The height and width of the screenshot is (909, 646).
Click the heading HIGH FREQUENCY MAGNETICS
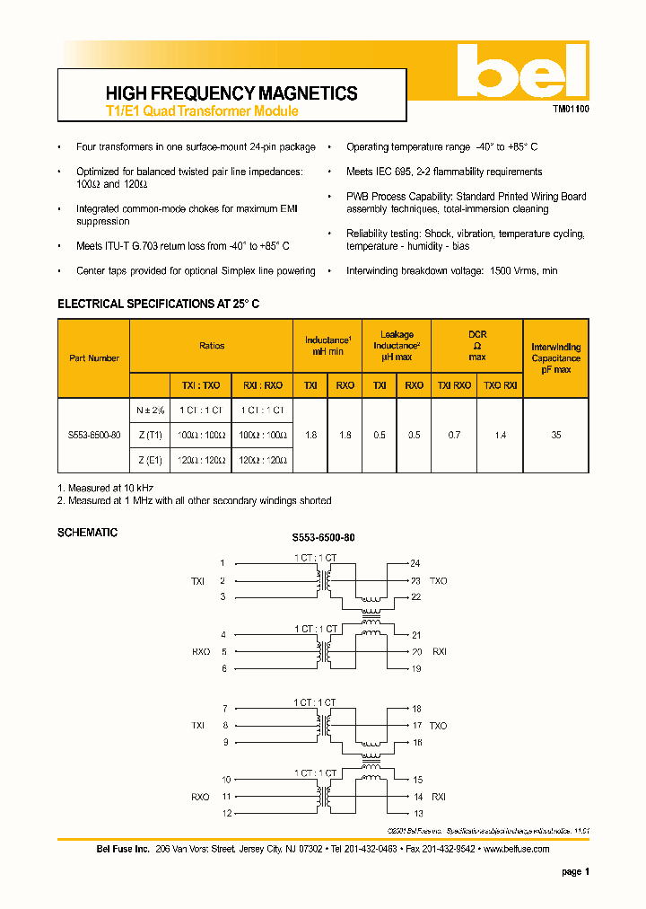point(231,93)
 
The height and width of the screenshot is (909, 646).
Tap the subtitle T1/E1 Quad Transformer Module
point(202,112)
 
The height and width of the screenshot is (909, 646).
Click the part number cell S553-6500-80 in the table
point(94,435)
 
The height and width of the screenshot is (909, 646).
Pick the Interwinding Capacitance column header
point(555,357)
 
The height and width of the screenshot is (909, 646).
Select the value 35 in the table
point(555,435)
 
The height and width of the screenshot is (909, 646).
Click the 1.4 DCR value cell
point(500,435)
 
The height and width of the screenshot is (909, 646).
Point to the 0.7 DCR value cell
point(454,435)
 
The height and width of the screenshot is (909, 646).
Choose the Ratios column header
point(212,345)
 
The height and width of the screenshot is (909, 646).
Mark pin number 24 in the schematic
point(415,564)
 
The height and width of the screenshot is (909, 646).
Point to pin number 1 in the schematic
point(223,564)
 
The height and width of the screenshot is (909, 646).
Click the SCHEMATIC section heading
point(87,533)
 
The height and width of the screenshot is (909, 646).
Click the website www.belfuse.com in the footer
point(515,850)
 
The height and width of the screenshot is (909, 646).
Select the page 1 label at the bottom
point(574,871)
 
